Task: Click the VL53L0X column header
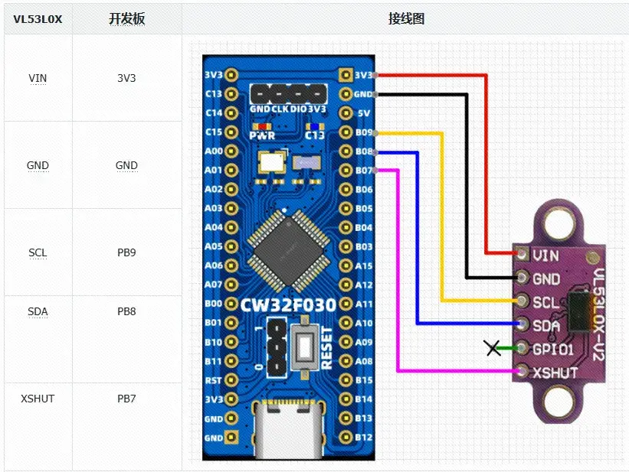click(38, 19)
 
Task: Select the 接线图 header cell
click(406, 19)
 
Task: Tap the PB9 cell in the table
click(126, 252)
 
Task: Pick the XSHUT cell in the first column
click(38, 399)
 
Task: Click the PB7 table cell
click(126, 399)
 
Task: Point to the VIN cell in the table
click(38, 78)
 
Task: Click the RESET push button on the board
click(304, 347)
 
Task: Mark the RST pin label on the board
click(214, 380)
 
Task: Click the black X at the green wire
click(493, 349)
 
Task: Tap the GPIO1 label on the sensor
click(552, 349)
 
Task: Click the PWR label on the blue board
click(261, 135)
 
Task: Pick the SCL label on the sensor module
click(545, 302)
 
